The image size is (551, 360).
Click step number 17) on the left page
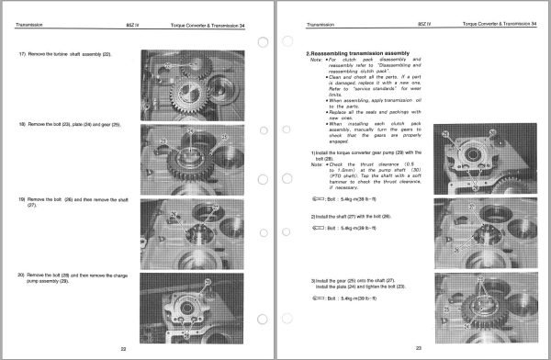22,55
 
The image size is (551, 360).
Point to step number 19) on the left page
22,198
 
